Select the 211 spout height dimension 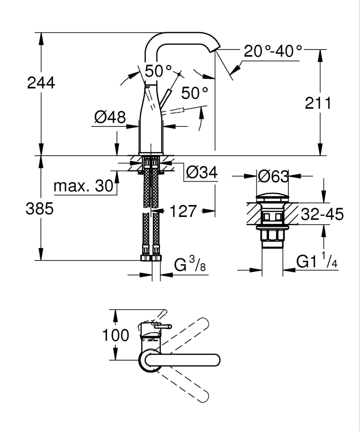[319, 104]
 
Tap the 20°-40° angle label [273, 51]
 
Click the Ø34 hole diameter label [202, 173]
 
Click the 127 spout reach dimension [183, 211]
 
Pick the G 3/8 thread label [190, 264]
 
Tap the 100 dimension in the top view [116, 335]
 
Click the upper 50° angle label [158, 71]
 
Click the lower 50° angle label [194, 92]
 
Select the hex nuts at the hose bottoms [151, 258]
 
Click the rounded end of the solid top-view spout [216, 360]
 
